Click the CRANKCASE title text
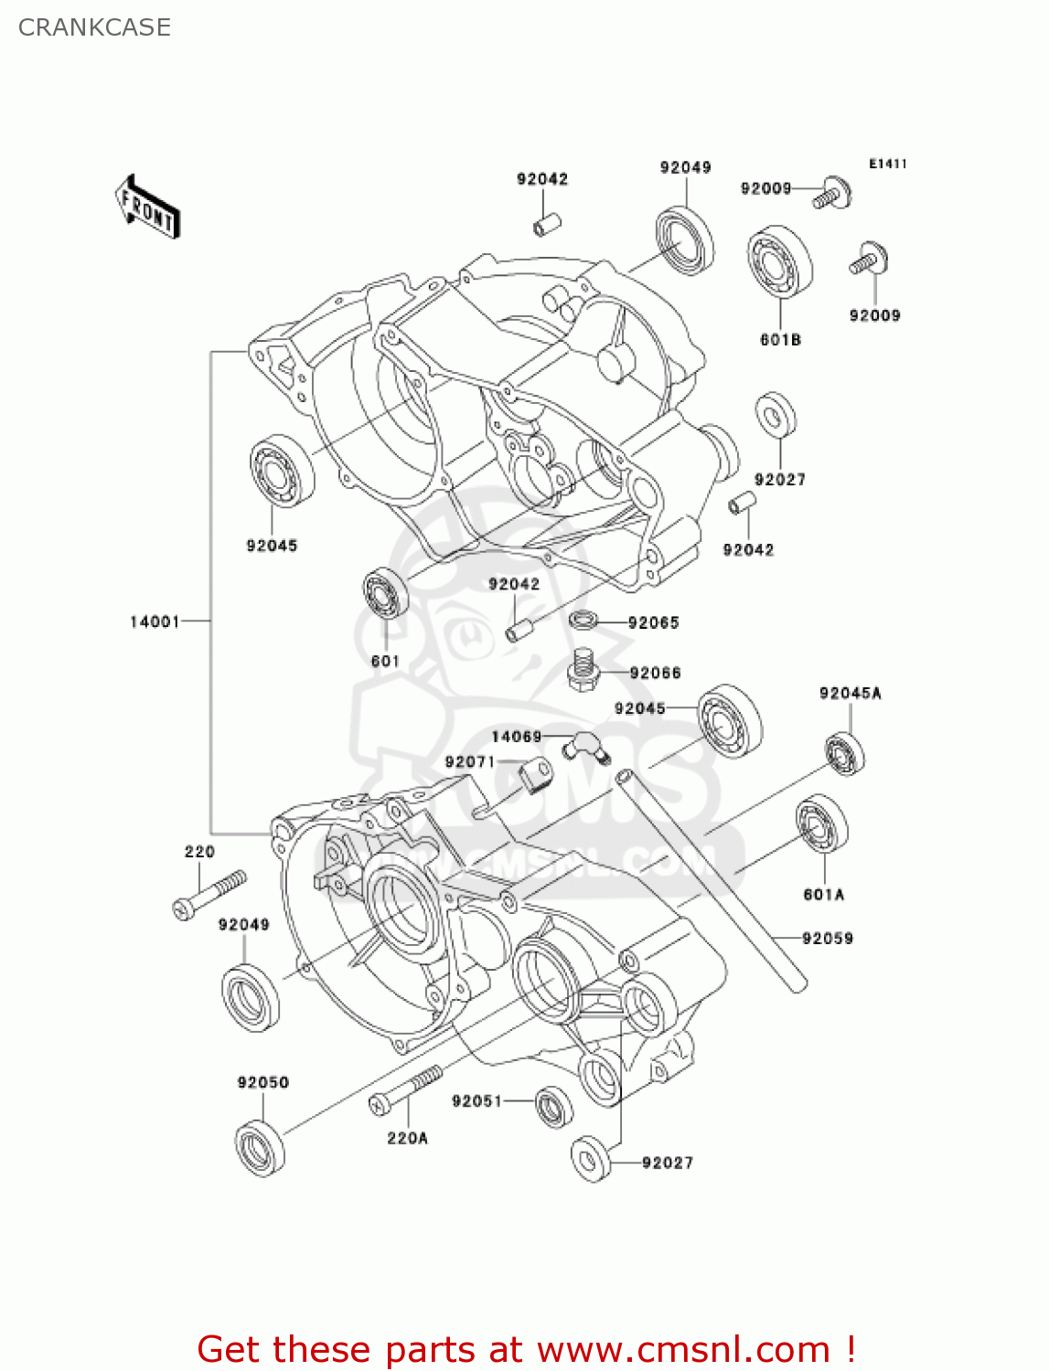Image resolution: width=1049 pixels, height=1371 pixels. point(94,27)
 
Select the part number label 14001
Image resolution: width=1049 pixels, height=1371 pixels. point(155,622)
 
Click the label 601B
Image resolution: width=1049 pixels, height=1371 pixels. point(780,340)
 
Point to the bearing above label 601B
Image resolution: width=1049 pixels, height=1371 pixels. point(779,261)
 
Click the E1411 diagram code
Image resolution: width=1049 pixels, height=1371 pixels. point(887,164)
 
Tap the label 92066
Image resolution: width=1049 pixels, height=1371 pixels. point(655,673)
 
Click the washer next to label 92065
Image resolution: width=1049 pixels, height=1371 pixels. point(583,621)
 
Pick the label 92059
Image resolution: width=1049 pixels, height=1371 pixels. point(827,938)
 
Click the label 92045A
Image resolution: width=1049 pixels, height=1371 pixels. point(850,693)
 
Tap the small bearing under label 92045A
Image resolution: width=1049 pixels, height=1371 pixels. point(844,754)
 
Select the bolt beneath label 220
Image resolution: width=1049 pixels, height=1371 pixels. point(209,894)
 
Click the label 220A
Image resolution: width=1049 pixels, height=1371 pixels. point(407,1138)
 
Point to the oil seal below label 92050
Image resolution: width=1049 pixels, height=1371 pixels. point(260,1145)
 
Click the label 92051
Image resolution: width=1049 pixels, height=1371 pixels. point(476,1100)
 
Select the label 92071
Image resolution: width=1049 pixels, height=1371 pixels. point(469,762)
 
